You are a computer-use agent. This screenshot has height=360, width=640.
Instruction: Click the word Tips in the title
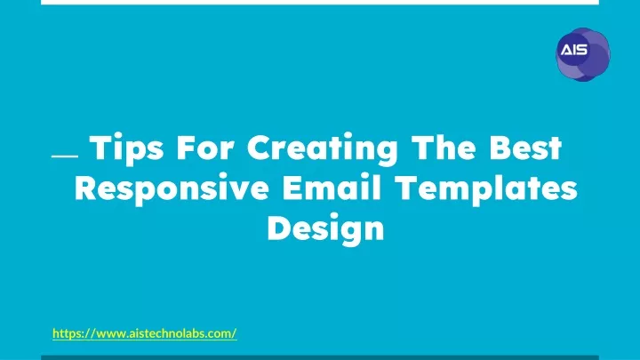pyautogui.click(x=126, y=148)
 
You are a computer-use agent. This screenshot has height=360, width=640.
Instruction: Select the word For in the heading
pyautogui.click(x=205, y=147)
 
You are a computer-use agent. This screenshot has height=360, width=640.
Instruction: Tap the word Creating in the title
pyautogui.click(x=323, y=149)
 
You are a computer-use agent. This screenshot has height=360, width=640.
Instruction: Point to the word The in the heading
pyautogui.click(x=444, y=147)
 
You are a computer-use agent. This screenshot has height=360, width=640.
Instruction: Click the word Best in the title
pyautogui.click(x=525, y=147)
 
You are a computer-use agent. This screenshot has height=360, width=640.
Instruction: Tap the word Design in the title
pyautogui.click(x=325, y=228)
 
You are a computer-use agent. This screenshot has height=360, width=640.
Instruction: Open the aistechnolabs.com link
pyautogui.click(x=145, y=333)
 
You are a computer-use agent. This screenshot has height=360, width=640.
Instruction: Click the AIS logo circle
pyautogui.click(x=583, y=54)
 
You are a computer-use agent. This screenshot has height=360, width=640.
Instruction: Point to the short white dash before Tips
pyautogui.click(x=65, y=156)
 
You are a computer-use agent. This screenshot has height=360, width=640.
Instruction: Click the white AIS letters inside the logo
pyautogui.click(x=574, y=50)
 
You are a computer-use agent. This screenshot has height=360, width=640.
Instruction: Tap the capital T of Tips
pyautogui.click(x=100, y=147)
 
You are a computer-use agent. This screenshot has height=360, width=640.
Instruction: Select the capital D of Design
pyautogui.click(x=279, y=228)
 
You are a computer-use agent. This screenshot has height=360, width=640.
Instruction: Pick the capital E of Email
pyautogui.click(x=292, y=188)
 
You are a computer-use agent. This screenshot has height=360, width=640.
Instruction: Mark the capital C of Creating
pyautogui.click(x=259, y=147)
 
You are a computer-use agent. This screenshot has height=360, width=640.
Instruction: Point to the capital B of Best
pyautogui.click(x=500, y=147)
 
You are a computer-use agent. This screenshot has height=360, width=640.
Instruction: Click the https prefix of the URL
pyautogui.click(x=67, y=334)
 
